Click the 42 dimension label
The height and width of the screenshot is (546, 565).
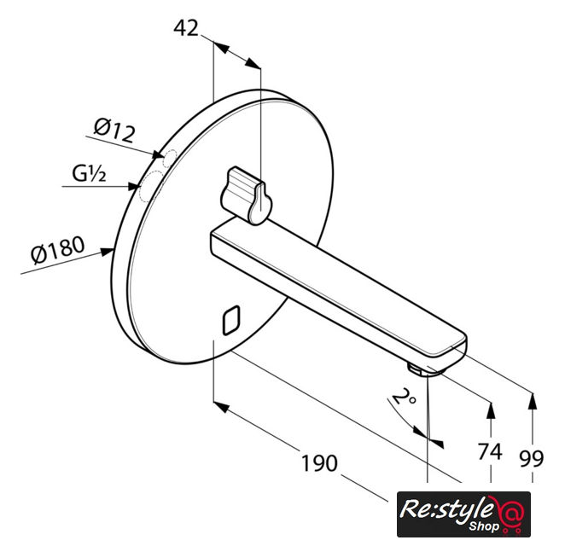pos(186,28)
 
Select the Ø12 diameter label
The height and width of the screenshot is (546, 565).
pos(114,131)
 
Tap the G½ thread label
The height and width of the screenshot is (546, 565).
pos(89,173)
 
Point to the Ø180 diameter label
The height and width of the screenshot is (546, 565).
pos(58,249)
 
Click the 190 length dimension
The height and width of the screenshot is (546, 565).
pos(319,463)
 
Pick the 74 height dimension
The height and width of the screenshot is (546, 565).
pos(490,451)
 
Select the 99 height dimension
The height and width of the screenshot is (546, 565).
pos(531,458)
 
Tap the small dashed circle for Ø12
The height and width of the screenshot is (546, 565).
pos(169,159)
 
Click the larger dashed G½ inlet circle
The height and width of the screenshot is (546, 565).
pos(151,186)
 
